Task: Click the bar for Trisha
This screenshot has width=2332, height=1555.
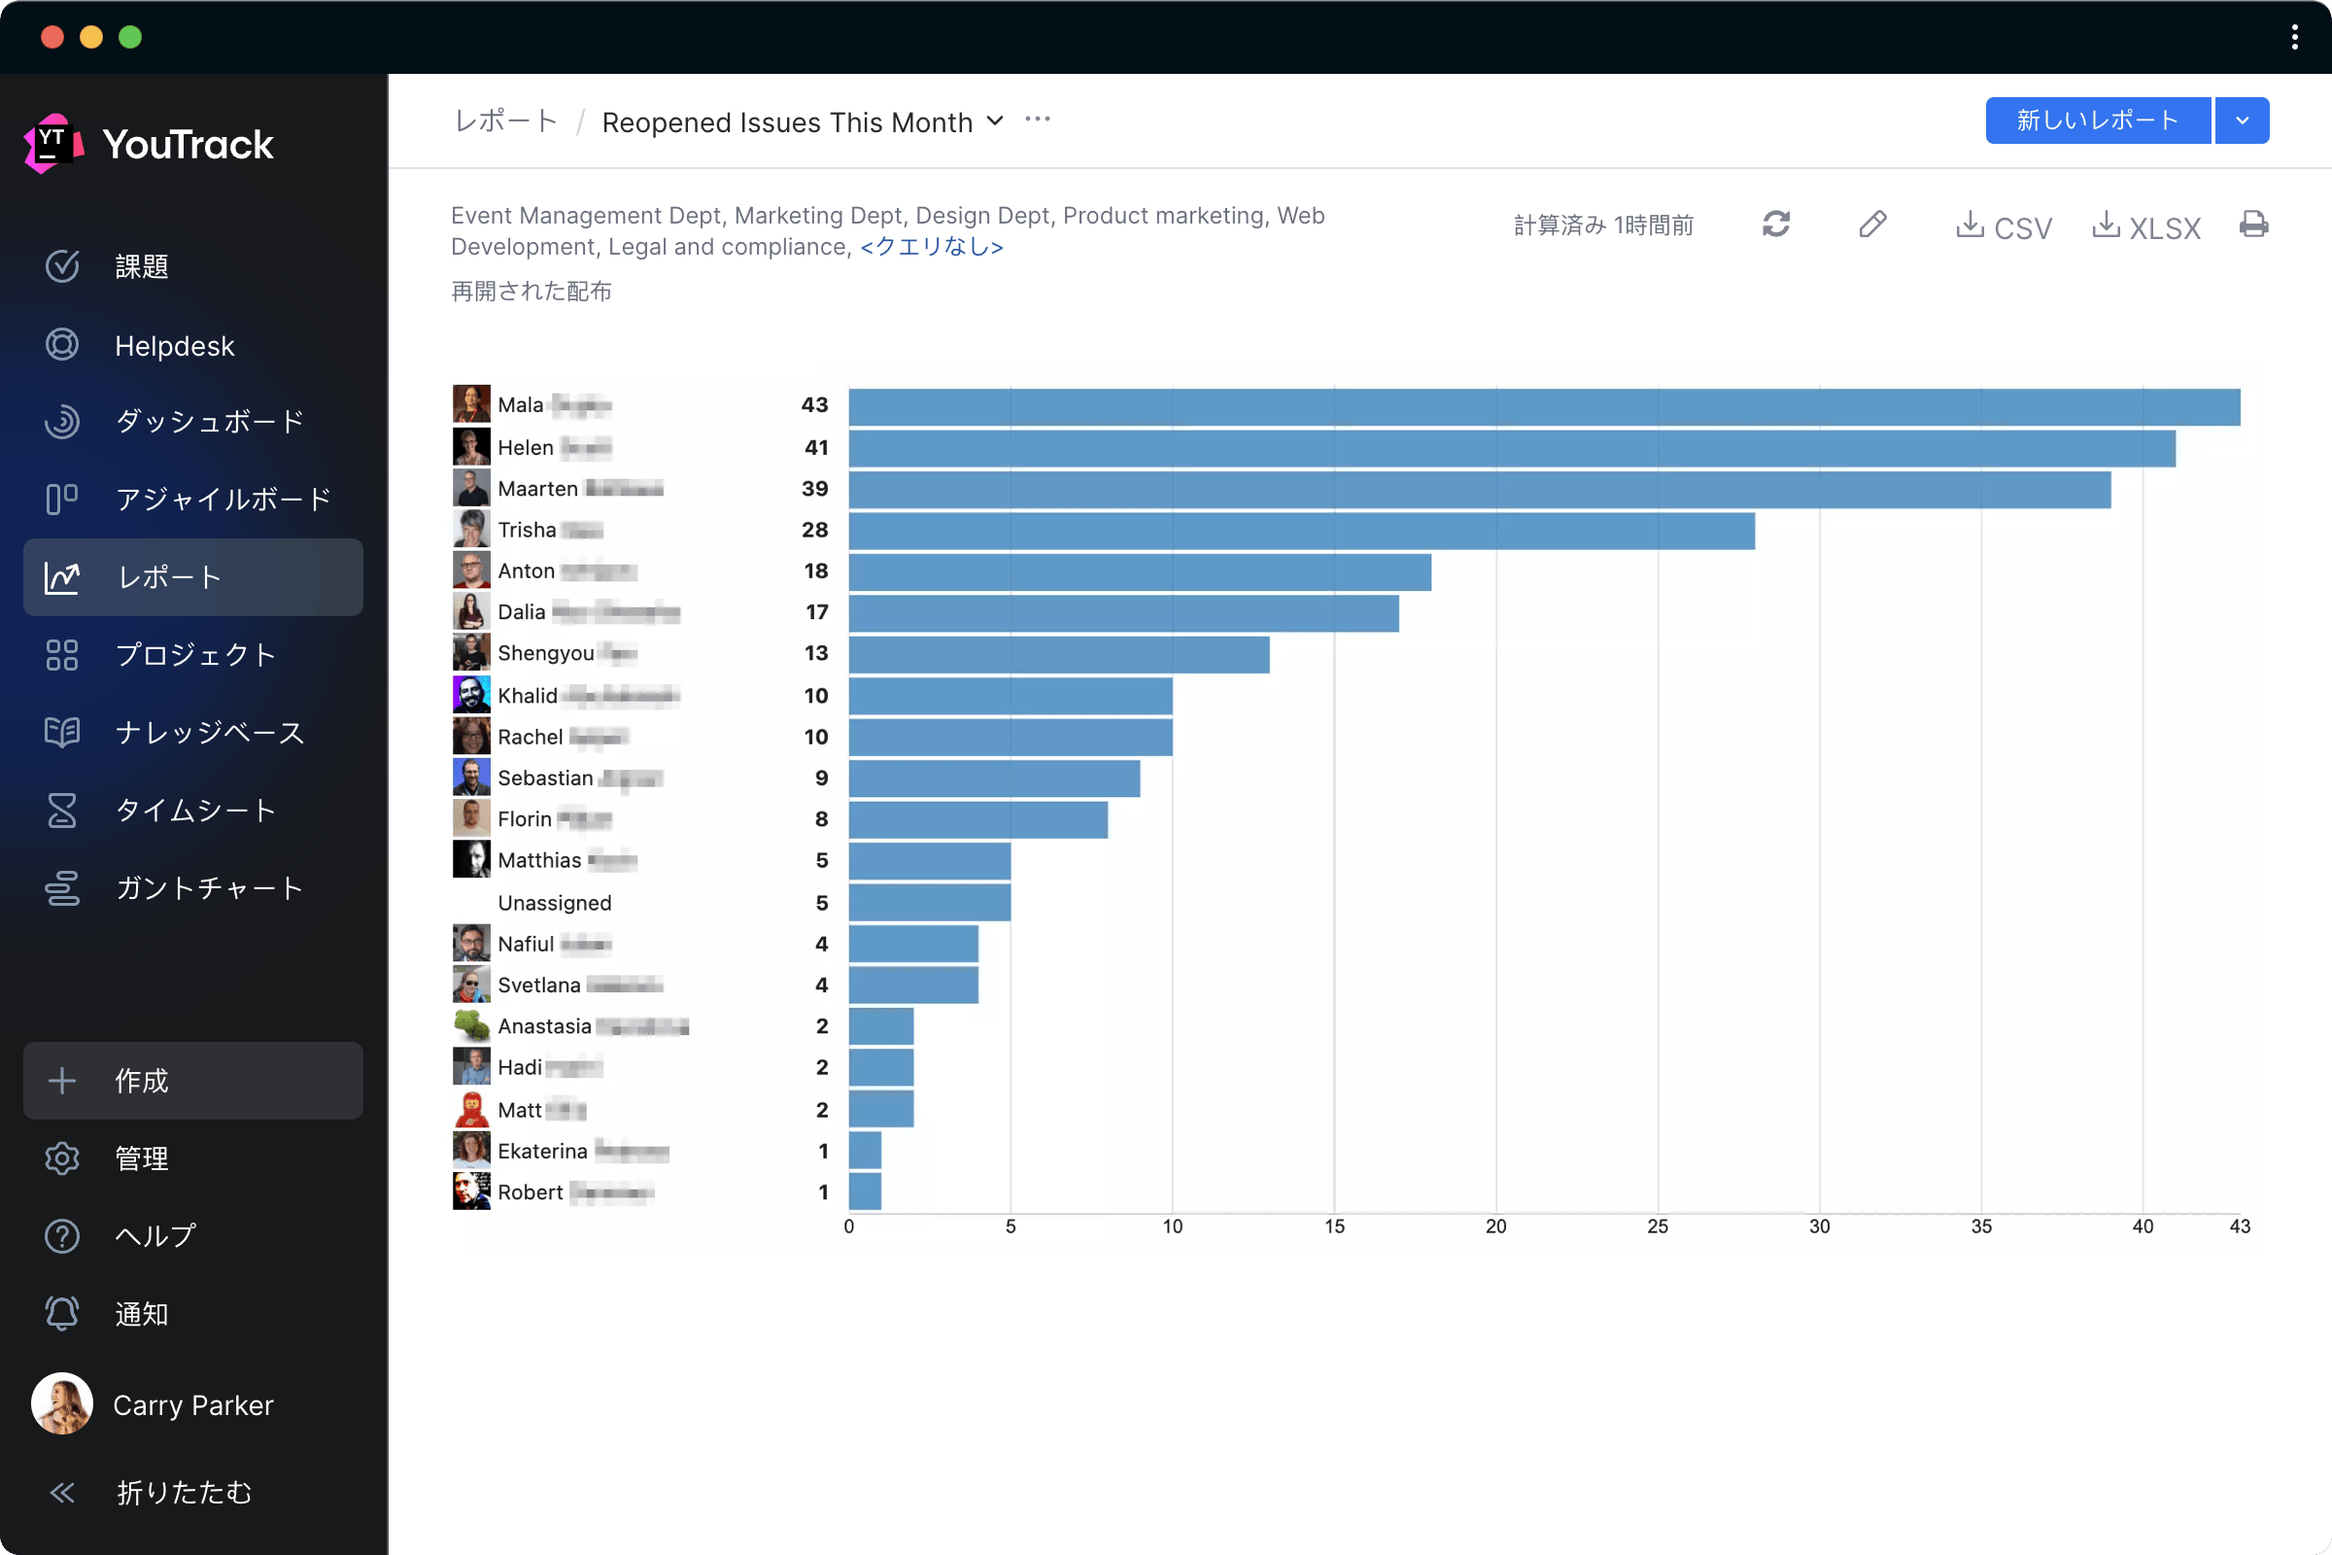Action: (x=1301, y=531)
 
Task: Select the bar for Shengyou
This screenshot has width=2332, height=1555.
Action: (x=1058, y=654)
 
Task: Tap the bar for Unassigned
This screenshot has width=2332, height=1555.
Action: (x=929, y=903)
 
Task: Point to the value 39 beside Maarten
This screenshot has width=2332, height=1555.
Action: (x=814, y=489)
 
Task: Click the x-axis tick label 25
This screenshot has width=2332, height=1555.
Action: (x=1657, y=1227)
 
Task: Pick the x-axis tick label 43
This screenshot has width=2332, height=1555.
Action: (x=2239, y=1227)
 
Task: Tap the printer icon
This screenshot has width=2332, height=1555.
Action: (x=2252, y=225)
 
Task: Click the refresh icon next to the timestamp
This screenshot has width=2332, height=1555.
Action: (x=1776, y=225)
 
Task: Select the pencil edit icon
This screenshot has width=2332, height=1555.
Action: (x=1872, y=225)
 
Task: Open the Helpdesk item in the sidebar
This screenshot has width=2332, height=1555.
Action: (x=175, y=345)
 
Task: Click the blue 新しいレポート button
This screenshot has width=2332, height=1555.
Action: (x=2097, y=121)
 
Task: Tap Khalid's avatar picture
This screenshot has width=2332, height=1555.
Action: (x=471, y=695)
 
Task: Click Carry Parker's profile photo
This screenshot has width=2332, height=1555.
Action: (x=62, y=1403)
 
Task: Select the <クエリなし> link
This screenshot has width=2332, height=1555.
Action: (x=931, y=247)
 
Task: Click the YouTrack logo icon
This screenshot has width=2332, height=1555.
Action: (x=51, y=144)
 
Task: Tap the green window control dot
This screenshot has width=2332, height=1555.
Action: (x=130, y=37)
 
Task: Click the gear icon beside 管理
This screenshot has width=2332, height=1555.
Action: (x=62, y=1158)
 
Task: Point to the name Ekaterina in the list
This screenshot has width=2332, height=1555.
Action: (x=542, y=1152)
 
